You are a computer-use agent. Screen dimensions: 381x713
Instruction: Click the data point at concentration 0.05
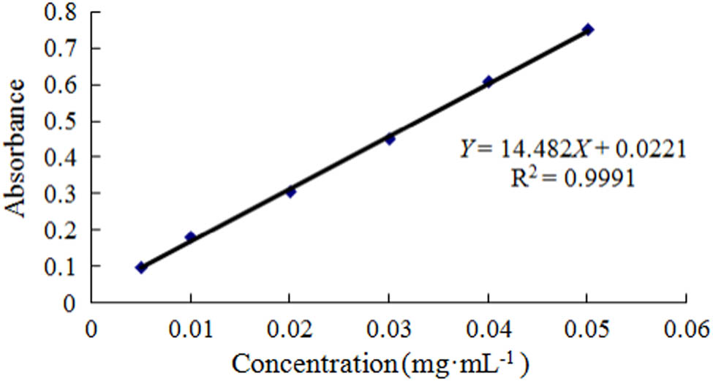click(587, 29)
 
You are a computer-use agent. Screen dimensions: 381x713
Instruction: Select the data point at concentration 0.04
click(488, 81)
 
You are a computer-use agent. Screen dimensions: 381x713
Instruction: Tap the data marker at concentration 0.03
click(390, 139)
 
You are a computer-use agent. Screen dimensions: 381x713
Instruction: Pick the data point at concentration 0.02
click(290, 192)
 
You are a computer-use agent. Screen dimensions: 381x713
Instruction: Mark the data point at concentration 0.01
click(191, 236)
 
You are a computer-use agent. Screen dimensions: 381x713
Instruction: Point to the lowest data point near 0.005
click(141, 268)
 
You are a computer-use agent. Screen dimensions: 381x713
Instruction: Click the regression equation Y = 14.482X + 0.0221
click(572, 149)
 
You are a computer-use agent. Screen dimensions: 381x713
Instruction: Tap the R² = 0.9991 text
click(572, 177)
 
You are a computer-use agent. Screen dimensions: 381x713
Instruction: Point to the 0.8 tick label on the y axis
click(67, 12)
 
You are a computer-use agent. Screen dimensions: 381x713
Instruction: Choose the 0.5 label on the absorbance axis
click(67, 121)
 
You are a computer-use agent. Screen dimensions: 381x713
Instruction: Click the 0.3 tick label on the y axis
click(67, 193)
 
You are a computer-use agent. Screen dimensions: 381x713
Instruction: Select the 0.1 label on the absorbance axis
click(67, 265)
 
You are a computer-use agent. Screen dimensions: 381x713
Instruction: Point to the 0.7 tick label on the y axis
click(67, 48)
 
